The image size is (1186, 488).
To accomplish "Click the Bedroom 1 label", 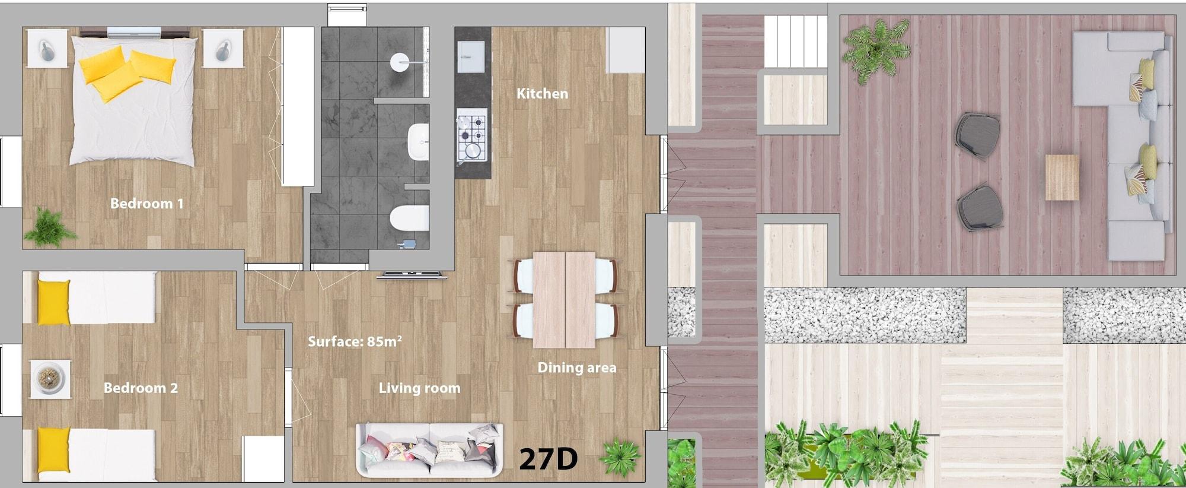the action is tap(146, 204).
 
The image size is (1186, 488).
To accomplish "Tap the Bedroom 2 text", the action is tap(141, 388).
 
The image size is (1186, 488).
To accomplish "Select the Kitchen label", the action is tap(542, 93).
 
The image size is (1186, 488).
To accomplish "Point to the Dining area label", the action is tap(576, 368).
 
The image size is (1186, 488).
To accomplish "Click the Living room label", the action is tap(419, 388).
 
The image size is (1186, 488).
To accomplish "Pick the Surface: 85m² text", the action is tap(355, 341).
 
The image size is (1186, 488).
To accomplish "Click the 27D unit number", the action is tap(548, 458).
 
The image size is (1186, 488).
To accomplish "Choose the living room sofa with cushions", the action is tap(429, 450).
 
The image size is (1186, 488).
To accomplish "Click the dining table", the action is tap(564, 300).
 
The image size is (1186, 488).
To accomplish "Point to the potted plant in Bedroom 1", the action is tap(49, 227).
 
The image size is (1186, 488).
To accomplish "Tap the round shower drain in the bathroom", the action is tap(400, 62).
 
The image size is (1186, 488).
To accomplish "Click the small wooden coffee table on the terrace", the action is tap(1061, 177).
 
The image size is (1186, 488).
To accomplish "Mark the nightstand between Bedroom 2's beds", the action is tap(50, 378).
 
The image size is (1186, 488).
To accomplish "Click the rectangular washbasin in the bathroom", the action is tap(419, 142).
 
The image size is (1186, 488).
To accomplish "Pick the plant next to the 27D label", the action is tap(620, 457).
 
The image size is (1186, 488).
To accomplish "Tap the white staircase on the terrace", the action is tap(795, 42).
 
